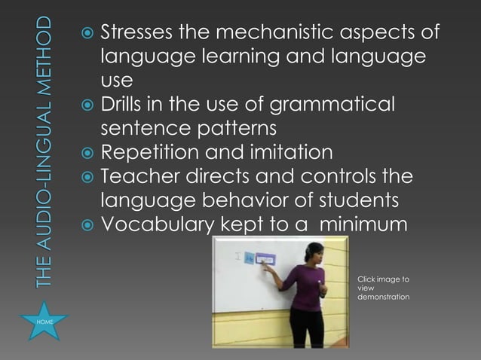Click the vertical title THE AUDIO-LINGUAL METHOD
click(x=44, y=151)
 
